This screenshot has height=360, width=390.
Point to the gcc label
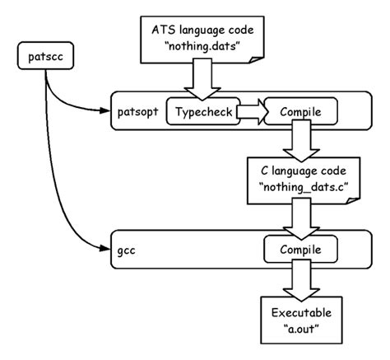click(x=128, y=247)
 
